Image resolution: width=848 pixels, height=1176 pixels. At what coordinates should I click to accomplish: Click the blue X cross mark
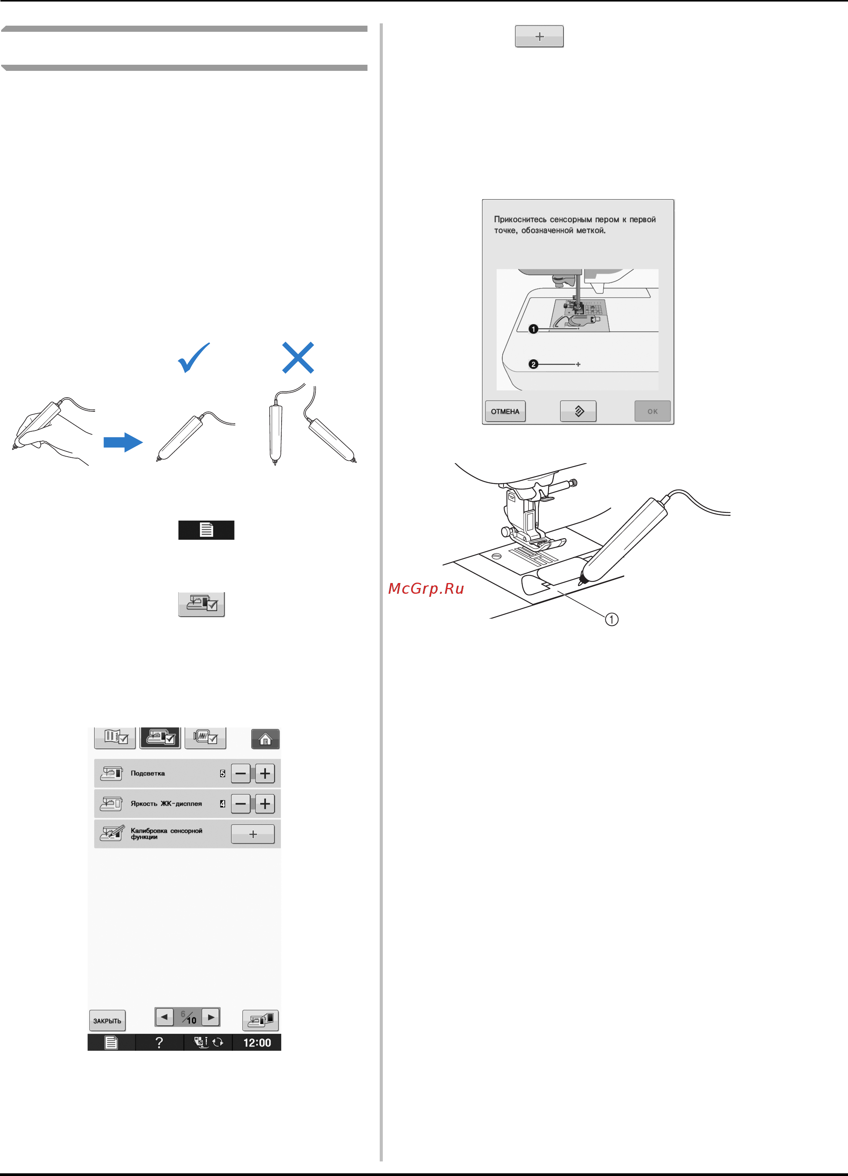click(298, 357)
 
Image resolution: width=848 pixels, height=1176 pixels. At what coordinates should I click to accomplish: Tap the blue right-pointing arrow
click(123, 442)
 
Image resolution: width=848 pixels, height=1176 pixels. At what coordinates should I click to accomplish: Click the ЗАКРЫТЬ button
click(107, 1020)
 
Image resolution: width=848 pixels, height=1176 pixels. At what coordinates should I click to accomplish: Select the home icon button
click(265, 739)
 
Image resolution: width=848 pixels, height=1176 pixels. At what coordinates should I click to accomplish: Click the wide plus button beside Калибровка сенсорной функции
click(253, 834)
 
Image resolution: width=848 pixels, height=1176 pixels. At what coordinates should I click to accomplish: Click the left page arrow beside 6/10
click(164, 1017)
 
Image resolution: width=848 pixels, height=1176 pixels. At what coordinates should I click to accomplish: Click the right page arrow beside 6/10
click(211, 1017)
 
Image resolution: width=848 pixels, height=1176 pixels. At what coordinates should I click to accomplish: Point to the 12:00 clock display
click(257, 1042)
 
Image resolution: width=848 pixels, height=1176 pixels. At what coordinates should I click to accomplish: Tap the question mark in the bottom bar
click(159, 1042)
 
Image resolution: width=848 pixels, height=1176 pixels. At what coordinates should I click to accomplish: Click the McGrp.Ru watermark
click(426, 588)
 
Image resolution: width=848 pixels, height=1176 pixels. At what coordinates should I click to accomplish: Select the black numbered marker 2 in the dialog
click(533, 364)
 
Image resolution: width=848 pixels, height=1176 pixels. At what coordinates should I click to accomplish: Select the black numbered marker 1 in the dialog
click(533, 329)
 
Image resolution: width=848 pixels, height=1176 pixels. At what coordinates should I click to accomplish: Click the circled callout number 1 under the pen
click(612, 619)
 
